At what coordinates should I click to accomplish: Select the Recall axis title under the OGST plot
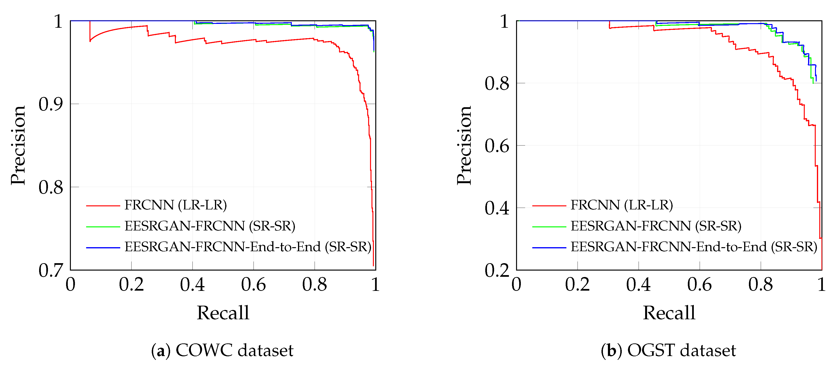click(669, 313)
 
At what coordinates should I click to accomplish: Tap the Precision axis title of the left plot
click(18, 145)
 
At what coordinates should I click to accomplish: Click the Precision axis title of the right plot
click(464, 145)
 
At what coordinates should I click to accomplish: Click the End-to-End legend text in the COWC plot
click(248, 247)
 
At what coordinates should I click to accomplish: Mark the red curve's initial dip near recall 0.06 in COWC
click(90, 41)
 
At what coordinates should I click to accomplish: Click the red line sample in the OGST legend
click(549, 206)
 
